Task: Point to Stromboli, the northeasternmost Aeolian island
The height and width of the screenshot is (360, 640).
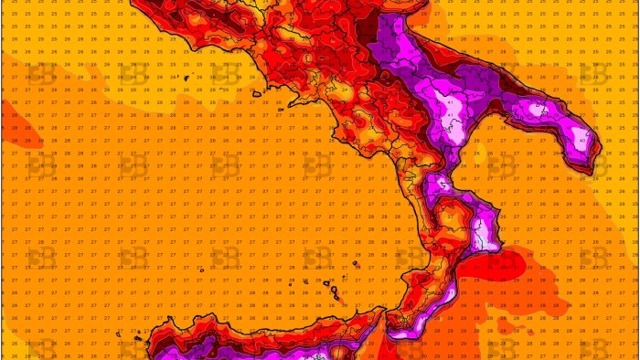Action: point(353,266)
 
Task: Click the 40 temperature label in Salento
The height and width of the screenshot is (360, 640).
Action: point(582,141)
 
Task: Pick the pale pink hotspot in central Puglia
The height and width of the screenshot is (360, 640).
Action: point(539,113)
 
